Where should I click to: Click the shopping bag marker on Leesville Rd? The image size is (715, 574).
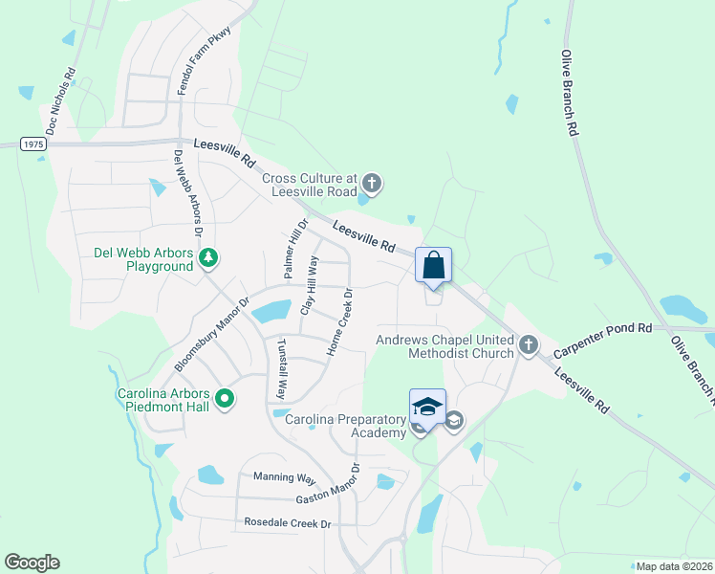point(433,265)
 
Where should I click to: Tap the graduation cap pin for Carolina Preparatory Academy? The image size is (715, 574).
point(427,407)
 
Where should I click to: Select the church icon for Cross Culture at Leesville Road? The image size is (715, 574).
point(372,182)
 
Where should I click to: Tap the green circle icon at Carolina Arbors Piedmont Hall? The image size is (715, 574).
point(225,398)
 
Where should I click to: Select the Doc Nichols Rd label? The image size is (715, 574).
point(59,100)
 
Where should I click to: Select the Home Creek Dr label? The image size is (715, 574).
point(340,322)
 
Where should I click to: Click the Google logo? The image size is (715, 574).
point(32,563)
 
